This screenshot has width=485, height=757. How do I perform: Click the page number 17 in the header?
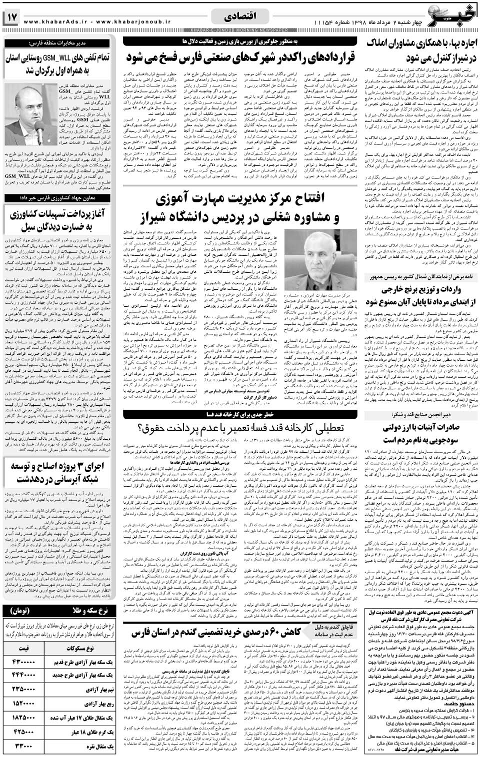point(11,18)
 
